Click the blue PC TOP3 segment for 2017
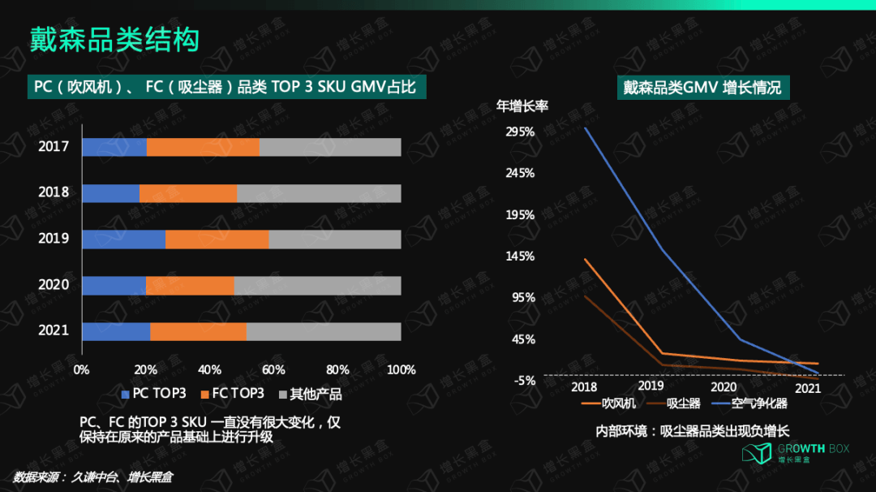pyautogui.click(x=114, y=147)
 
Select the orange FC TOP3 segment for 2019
pyautogui.click(x=217, y=240)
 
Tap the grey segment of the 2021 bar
pyautogui.click(x=324, y=331)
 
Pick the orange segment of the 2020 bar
pyautogui.click(x=190, y=286)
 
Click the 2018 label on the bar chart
pyautogui.click(x=53, y=192)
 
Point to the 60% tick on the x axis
pyautogui.click(x=274, y=370)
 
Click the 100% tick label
pyautogui.click(x=401, y=370)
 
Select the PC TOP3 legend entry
pyautogui.click(x=153, y=394)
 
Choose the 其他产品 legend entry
pyautogui.click(x=310, y=394)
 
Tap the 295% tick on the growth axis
pyautogui.click(x=520, y=132)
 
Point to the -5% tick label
pyautogui.click(x=525, y=381)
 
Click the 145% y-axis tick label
pyautogui.click(x=520, y=257)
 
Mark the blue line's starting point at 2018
pyautogui.click(x=585, y=128)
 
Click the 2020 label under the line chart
pyautogui.click(x=724, y=387)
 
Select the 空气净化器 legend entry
pyautogui.click(x=749, y=404)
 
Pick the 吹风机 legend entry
pyautogui.click(x=608, y=404)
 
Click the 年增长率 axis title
pyautogui.click(x=522, y=106)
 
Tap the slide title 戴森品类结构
pyautogui.click(x=114, y=40)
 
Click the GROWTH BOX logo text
pyautogui.click(x=814, y=448)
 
